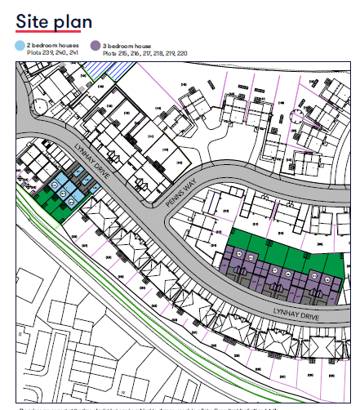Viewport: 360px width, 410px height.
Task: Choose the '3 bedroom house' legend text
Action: (x=127, y=45)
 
